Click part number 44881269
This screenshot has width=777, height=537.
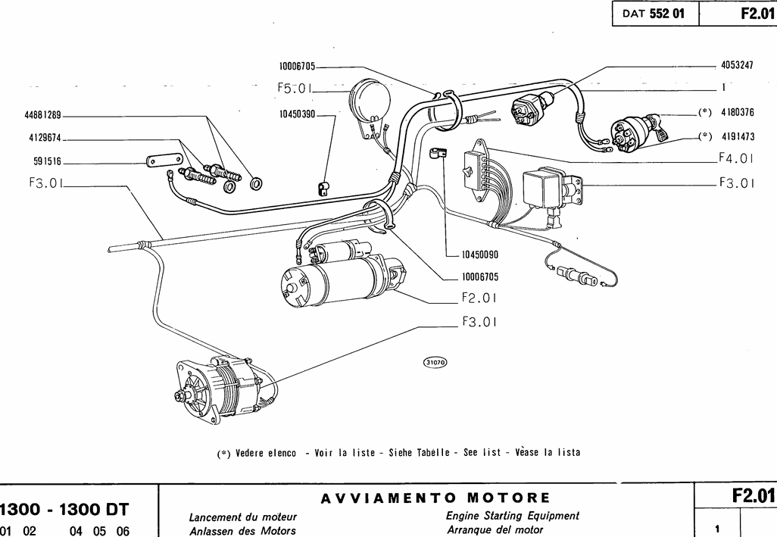(42, 116)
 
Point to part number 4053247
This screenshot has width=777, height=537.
(737, 66)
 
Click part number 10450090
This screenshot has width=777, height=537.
(479, 255)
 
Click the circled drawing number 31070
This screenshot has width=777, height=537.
(435, 362)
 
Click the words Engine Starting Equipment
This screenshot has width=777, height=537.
(513, 516)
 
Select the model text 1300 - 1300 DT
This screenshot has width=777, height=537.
(64, 508)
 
